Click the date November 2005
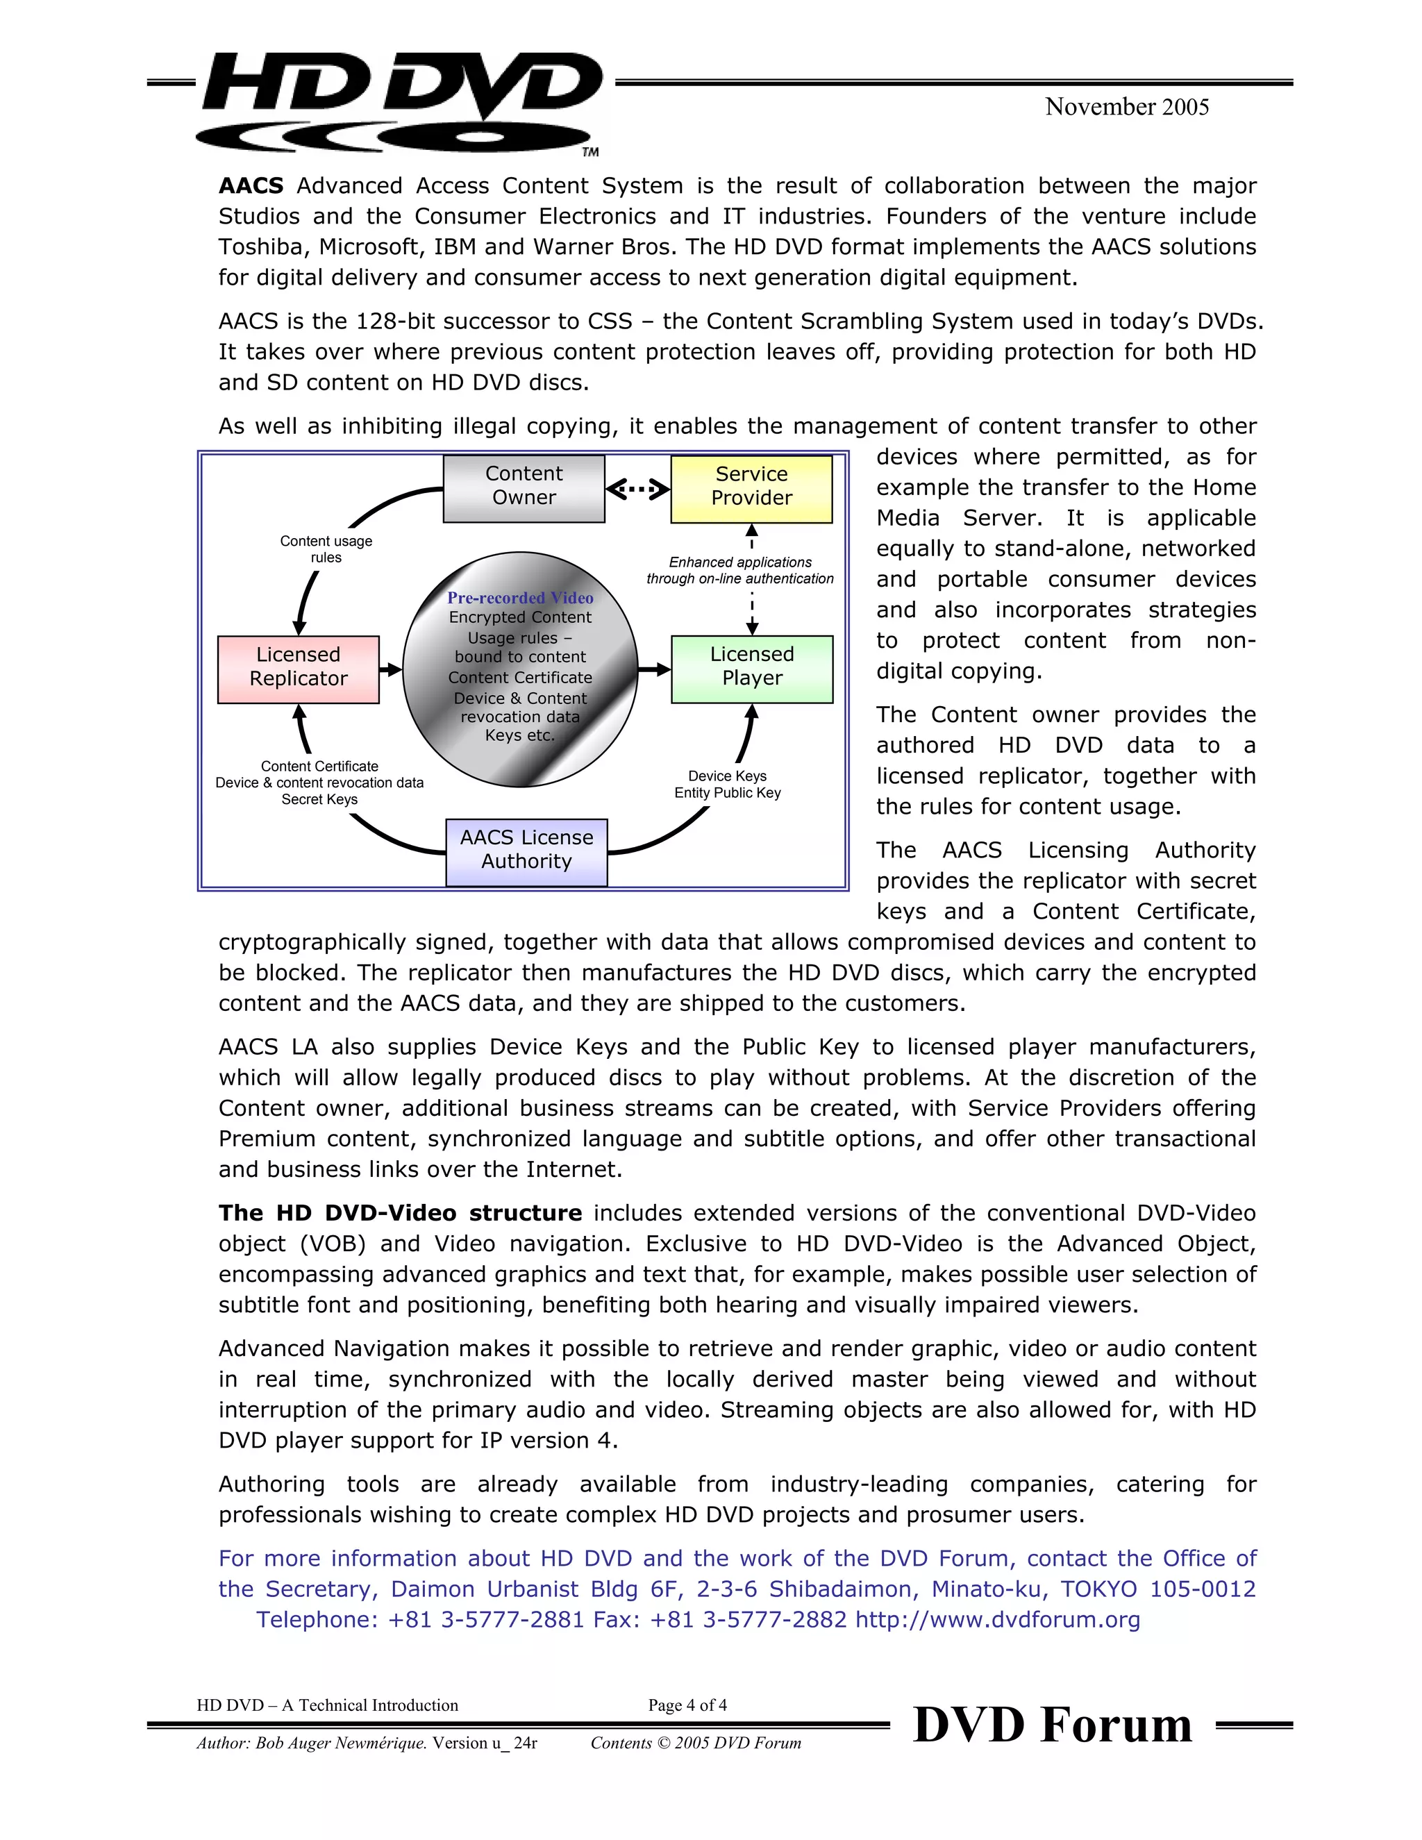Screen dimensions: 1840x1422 click(1126, 107)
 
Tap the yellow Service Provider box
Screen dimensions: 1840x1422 click(751, 488)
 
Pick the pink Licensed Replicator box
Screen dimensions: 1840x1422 click(298, 668)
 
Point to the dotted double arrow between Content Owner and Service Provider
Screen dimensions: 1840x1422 click(637, 489)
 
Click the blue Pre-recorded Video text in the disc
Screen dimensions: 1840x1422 click(520, 597)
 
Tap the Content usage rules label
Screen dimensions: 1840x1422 click(326, 549)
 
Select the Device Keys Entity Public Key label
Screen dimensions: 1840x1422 click(727, 785)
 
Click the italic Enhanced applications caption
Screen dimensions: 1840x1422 click(739, 570)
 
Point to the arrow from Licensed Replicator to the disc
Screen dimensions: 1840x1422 click(390, 669)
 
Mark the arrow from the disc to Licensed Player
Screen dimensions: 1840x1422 click(653, 669)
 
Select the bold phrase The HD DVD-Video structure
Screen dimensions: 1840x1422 click(399, 1213)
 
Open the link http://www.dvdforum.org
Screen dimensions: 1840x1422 click(998, 1620)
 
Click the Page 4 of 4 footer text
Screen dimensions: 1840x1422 click(687, 1705)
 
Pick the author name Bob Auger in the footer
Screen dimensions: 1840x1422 click(292, 1743)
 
